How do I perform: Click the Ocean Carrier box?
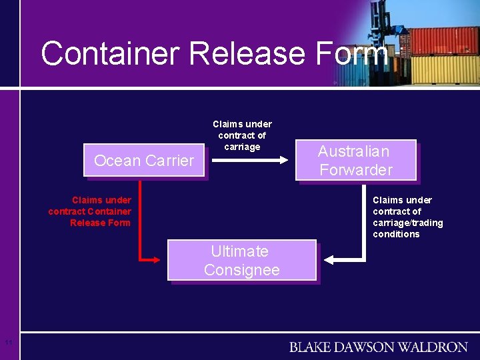pyautogui.click(x=143, y=161)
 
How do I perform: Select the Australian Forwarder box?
pyautogui.click(x=356, y=161)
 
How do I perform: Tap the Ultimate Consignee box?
pyautogui.click(x=241, y=261)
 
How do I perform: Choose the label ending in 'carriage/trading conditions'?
pyautogui.click(x=407, y=217)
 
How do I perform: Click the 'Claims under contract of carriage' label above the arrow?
pyautogui.click(x=242, y=135)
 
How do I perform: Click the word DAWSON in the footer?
pyautogui.click(x=374, y=347)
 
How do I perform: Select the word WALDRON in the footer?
pyautogui.click(x=438, y=347)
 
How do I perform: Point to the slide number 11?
pyautogui.click(x=8, y=343)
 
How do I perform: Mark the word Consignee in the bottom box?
pyautogui.click(x=241, y=270)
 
